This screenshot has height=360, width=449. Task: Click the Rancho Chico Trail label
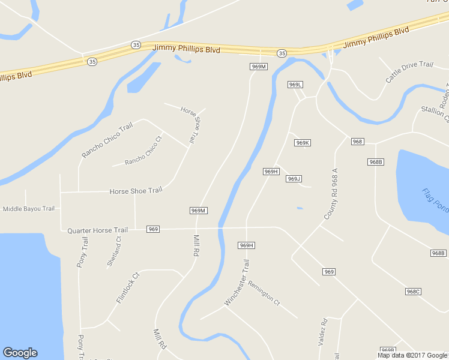[107, 140]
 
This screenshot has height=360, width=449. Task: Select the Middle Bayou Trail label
[29, 209]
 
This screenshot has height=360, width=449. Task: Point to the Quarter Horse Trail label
[97, 230]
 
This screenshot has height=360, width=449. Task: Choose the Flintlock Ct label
[128, 288]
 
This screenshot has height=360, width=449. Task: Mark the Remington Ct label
[264, 292]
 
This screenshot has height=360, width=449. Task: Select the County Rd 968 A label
[331, 193]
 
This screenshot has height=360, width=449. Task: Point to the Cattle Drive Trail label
[409, 73]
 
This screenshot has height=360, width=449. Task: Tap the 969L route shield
[295, 85]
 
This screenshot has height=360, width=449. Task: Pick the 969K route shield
[302, 143]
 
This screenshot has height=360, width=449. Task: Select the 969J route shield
[294, 179]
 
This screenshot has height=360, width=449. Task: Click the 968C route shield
[413, 292]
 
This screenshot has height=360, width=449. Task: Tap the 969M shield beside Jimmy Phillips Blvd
[258, 67]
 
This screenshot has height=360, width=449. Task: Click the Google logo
[20, 353]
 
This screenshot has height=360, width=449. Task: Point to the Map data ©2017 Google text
[412, 355]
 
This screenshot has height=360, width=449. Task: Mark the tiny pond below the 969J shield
[300, 208]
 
